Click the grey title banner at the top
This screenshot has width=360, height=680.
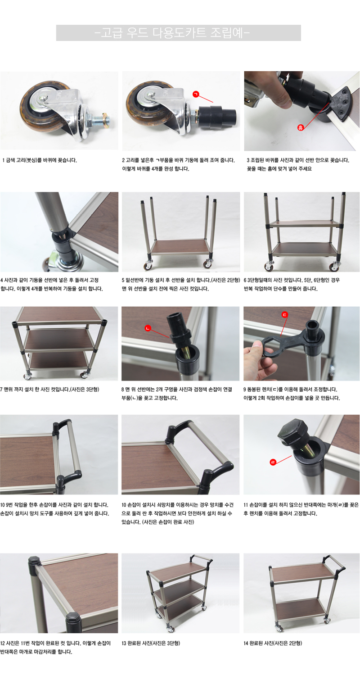click(178, 33)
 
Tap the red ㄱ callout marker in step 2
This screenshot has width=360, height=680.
click(196, 95)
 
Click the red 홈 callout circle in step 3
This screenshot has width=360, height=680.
click(300, 127)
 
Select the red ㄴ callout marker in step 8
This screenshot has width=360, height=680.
click(148, 328)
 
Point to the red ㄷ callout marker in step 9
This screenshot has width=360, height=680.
click(284, 314)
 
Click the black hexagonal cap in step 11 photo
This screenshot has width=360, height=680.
click(292, 431)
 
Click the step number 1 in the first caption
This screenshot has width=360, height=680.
click(3, 160)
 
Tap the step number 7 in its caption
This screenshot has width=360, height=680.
click(1, 390)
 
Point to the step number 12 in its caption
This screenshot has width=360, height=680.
click(2, 643)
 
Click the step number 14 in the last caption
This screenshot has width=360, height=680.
click(246, 643)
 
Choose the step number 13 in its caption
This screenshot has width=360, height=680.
click(124, 643)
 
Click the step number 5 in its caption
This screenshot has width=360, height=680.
click(123, 280)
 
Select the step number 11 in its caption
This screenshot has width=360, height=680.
click(246, 505)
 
